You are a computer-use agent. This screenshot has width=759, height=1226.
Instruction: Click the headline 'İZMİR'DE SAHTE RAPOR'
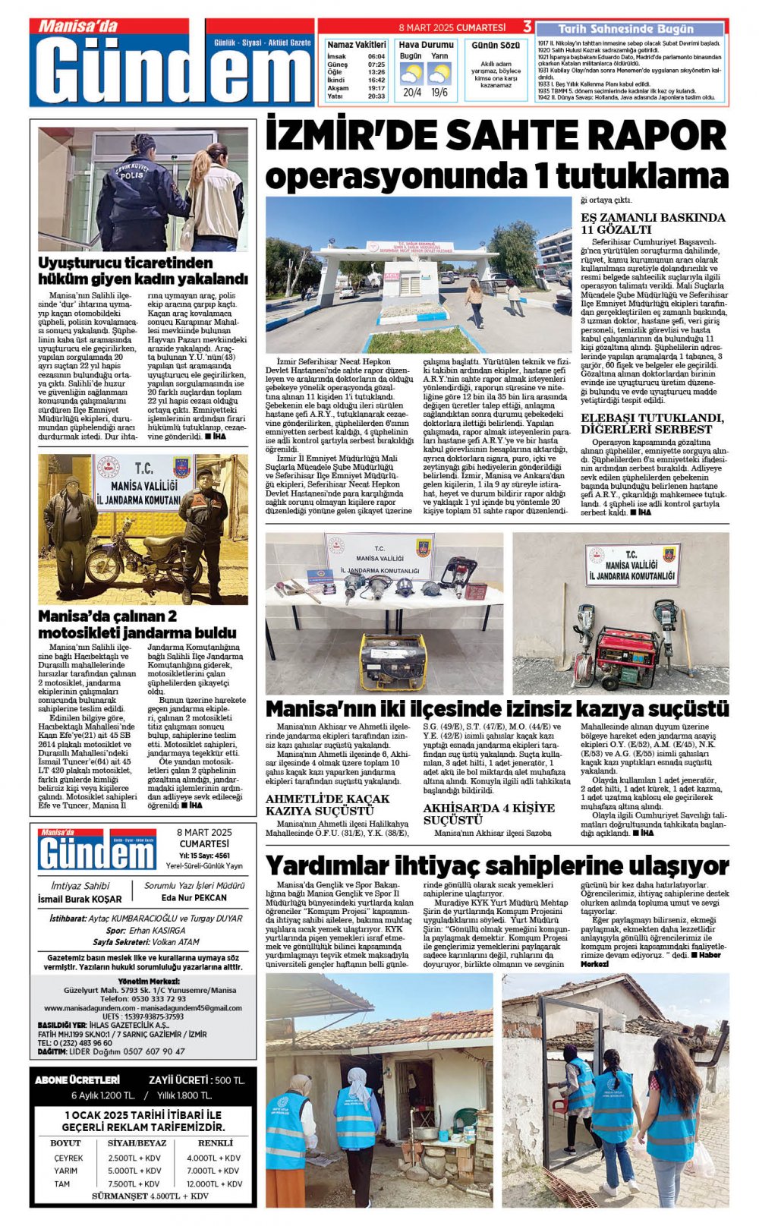coord(496,137)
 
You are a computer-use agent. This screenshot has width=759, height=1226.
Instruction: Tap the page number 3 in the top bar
coord(528,27)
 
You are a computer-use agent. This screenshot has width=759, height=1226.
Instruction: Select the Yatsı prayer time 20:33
coord(376,96)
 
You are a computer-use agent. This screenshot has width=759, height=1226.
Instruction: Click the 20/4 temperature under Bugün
coord(412,93)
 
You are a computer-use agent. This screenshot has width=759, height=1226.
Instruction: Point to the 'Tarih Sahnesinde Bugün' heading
coord(626,29)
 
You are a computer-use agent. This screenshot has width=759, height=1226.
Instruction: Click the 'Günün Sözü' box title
coord(496,46)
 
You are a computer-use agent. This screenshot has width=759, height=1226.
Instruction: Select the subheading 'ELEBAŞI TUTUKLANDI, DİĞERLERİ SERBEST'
coord(652,424)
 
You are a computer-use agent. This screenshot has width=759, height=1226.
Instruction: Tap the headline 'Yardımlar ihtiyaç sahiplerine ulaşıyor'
coord(497,865)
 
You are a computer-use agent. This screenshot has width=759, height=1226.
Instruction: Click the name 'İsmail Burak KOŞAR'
coord(80,899)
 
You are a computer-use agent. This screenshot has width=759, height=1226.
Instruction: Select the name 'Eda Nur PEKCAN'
coord(194,897)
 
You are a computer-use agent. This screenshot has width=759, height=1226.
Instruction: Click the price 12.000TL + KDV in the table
coord(215,1183)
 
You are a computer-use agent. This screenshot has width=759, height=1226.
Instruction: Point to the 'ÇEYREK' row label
coord(68,1158)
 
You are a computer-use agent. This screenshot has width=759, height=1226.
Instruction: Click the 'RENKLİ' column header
coord(215,1142)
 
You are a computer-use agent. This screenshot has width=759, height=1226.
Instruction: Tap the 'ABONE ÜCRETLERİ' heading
coord(77,1079)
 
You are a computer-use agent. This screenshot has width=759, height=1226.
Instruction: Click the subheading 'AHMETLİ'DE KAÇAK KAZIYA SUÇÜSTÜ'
coord(327,805)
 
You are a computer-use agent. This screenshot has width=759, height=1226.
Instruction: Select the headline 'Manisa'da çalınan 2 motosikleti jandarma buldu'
coord(137,624)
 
